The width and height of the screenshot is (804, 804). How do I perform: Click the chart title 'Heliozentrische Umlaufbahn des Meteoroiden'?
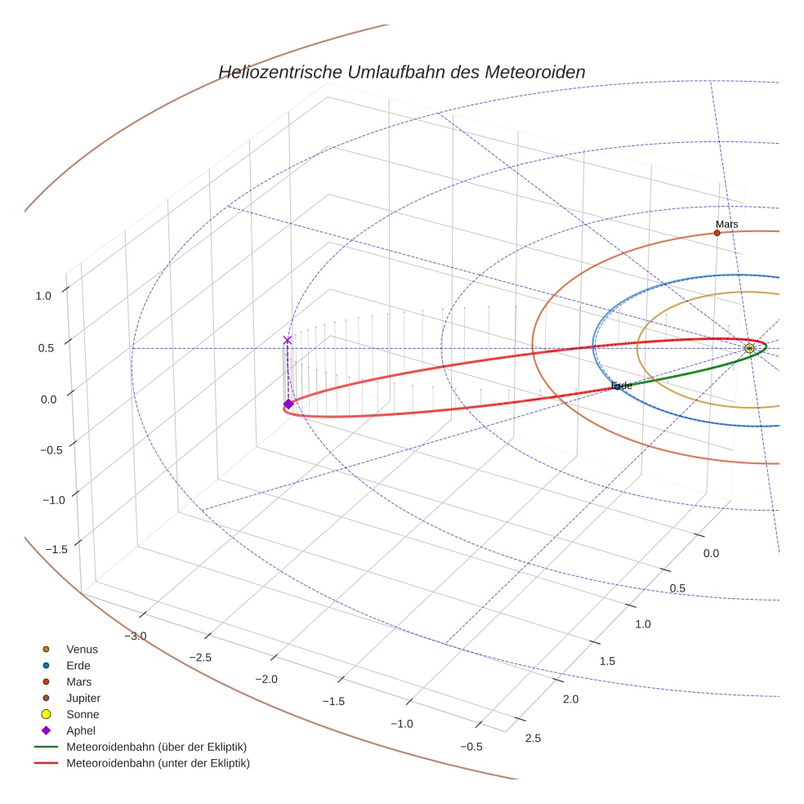(401, 72)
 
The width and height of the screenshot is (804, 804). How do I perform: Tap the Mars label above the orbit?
(726, 224)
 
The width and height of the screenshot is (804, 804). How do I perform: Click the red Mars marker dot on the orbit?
(717, 233)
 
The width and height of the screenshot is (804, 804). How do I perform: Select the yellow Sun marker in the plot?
(749, 349)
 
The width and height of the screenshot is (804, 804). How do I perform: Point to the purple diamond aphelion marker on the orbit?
(288, 404)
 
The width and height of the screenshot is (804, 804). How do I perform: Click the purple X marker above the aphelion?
(287, 340)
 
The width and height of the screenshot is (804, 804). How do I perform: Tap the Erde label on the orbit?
(622, 386)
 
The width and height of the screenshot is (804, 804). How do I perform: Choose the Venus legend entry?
(82, 650)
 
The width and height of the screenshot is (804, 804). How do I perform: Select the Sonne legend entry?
(83, 715)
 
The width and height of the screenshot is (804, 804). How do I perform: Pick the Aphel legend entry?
(81, 730)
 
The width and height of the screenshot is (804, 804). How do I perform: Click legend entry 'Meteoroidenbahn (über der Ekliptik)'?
(156, 747)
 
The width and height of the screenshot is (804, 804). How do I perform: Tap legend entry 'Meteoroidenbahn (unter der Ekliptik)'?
(158, 764)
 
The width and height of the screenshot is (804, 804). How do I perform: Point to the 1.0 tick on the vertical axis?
(43, 297)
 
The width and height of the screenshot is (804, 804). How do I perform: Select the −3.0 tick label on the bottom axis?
(136, 636)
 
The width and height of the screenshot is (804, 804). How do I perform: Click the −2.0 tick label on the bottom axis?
(267, 679)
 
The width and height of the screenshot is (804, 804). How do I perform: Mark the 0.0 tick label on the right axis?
(711, 554)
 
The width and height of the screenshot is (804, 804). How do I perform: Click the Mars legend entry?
(78, 682)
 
